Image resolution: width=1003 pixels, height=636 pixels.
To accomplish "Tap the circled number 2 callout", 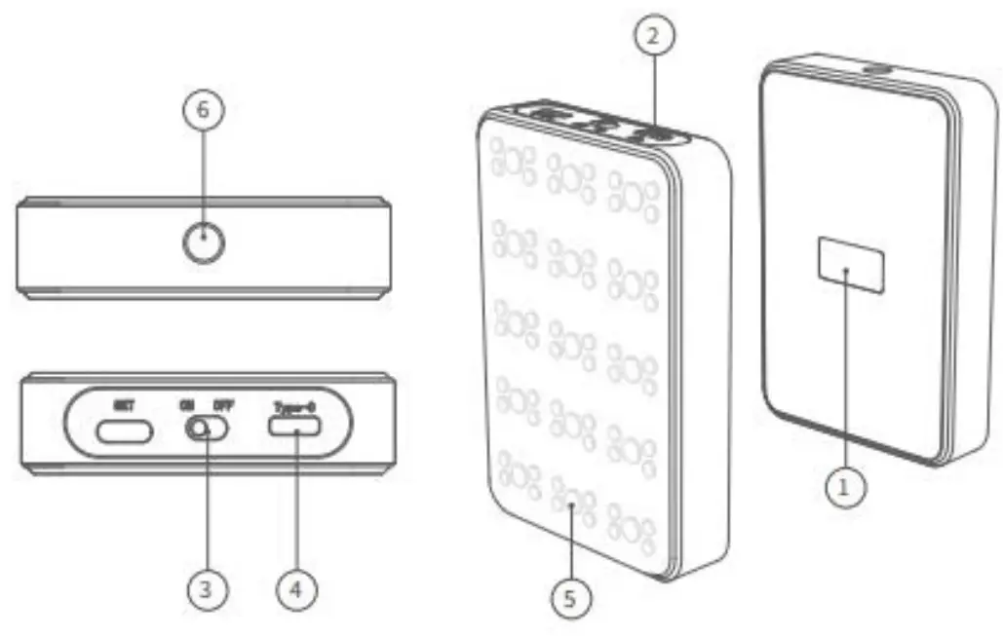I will [x=654, y=37].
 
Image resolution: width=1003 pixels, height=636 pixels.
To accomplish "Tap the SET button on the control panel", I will [x=122, y=430].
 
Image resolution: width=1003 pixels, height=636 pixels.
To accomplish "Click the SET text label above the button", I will [x=122, y=404].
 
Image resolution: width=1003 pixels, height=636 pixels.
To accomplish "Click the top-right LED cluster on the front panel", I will [x=634, y=194].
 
